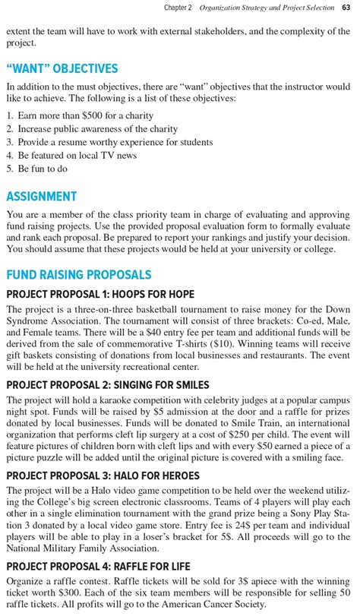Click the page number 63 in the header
coord(346,8)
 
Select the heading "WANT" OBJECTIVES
coord(62,69)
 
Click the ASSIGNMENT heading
coord(41,196)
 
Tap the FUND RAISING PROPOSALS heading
coord(78,275)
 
